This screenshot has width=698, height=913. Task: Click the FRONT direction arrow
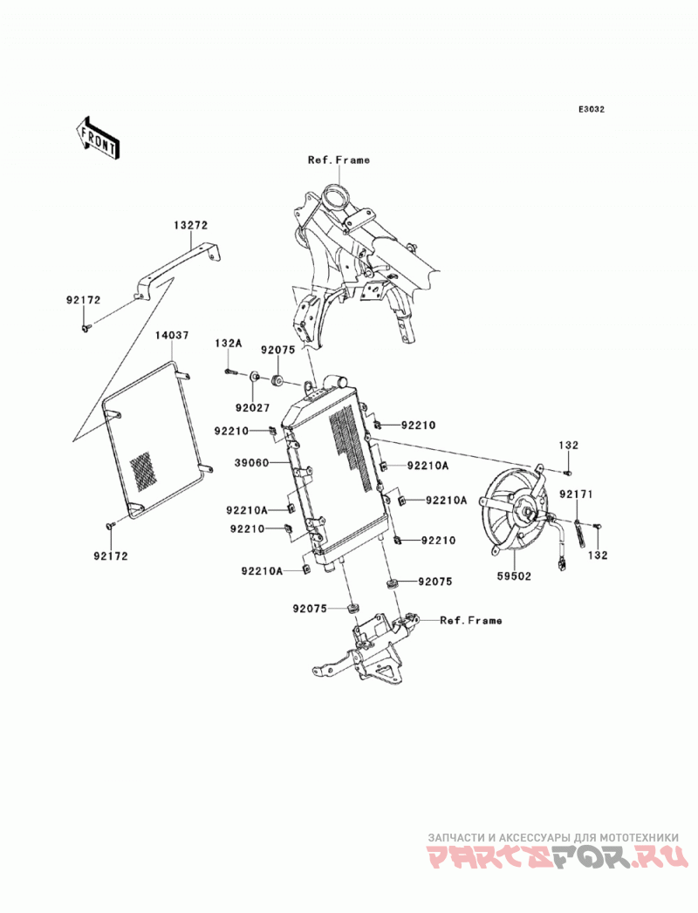(98, 138)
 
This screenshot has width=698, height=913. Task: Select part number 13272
(190, 225)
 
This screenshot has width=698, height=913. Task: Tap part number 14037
(172, 335)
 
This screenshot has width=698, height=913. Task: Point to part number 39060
(251, 463)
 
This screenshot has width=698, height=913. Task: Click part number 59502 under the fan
(515, 576)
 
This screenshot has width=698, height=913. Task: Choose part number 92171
(576, 494)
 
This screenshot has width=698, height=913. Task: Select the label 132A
(229, 344)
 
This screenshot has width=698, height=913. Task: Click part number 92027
(253, 407)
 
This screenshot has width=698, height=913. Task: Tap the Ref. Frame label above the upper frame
(339, 160)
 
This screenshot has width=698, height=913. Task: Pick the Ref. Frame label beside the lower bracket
(471, 621)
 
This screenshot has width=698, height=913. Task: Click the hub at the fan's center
(527, 512)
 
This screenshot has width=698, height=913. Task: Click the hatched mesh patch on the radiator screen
(143, 470)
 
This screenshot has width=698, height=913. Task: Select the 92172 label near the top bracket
(83, 301)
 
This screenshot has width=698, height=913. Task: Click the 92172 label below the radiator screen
(110, 556)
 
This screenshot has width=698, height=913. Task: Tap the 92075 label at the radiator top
(278, 350)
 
